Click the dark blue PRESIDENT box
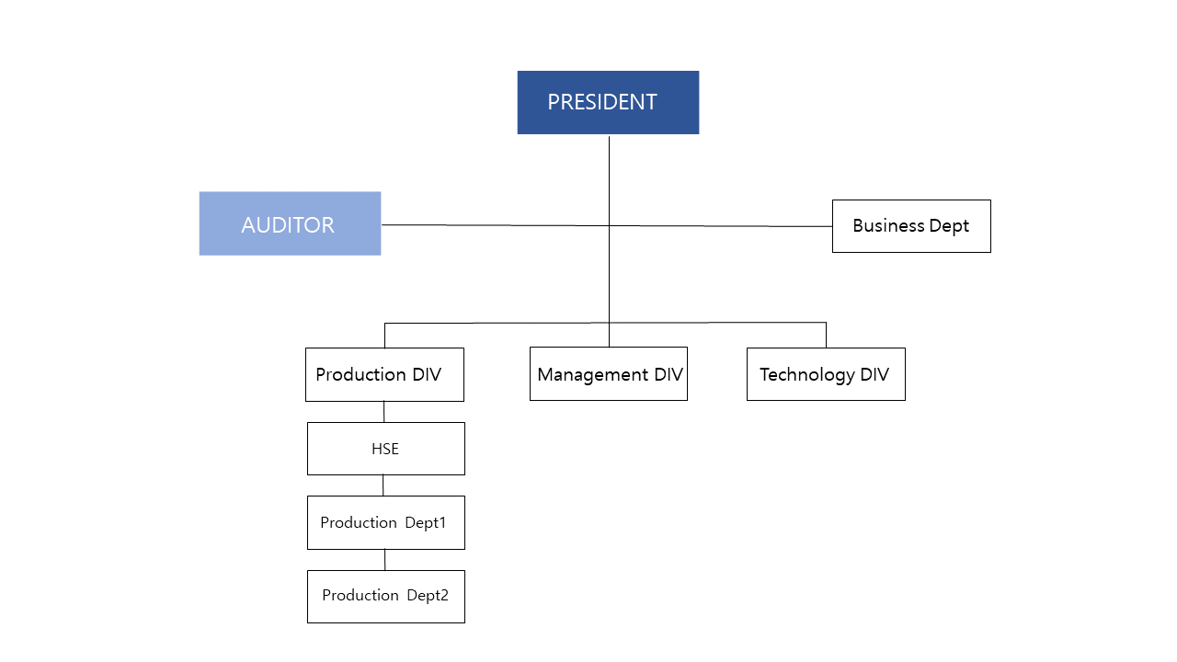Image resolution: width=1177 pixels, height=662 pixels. click(x=608, y=102)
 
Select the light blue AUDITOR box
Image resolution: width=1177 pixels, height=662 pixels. click(x=290, y=223)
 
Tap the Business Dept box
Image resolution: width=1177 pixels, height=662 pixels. click(x=911, y=226)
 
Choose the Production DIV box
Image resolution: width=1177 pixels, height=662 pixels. click(x=384, y=374)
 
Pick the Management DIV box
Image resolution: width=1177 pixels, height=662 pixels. click(x=608, y=374)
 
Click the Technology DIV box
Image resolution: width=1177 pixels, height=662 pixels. click(x=826, y=374)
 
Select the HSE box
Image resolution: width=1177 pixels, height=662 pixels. click(x=385, y=449)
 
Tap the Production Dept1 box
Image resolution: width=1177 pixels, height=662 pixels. click(x=385, y=522)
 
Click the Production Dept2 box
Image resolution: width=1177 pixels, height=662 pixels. click(x=385, y=596)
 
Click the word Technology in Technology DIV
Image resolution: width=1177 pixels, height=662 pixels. click(x=807, y=374)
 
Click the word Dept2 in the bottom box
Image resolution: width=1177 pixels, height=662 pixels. click(x=428, y=596)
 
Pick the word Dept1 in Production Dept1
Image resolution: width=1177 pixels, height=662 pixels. click(x=426, y=522)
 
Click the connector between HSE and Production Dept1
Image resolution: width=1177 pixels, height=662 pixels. click(x=383, y=485)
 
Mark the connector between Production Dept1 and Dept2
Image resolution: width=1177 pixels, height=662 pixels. click(x=384, y=559)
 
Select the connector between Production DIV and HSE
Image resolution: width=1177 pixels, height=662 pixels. click(x=383, y=412)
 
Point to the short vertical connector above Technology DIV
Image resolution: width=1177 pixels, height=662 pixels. click(x=826, y=335)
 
